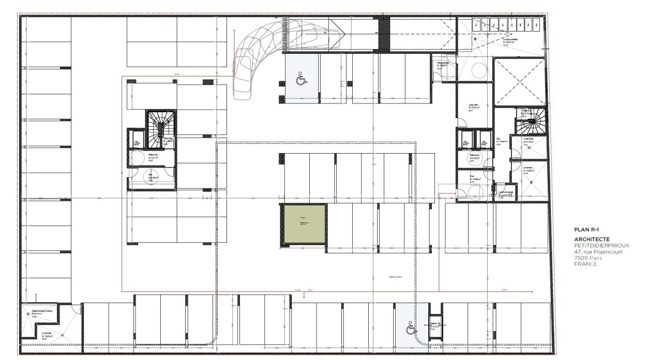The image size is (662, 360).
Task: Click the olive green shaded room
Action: (305, 223)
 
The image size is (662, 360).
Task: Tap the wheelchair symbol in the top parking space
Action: (300, 80)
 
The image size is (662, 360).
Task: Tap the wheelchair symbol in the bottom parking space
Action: (411, 328)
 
